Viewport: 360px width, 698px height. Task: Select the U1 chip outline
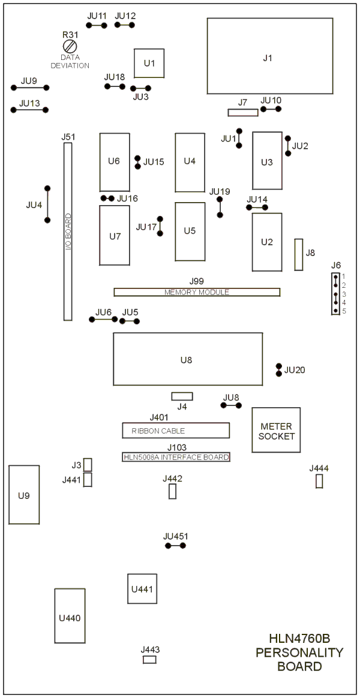pyautogui.click(x=149, y=64)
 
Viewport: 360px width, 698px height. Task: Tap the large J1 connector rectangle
pyautogui.click(x=270, y=56)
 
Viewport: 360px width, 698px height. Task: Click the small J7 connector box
pyautogui.click(x=242, y=112)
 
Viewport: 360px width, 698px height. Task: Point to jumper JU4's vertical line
pyautogui.click(x=47, y=204)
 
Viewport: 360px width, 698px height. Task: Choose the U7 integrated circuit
pyautogui.click(x=115, y=236)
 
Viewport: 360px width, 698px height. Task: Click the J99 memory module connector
pyautogui.click(x=197, y=292)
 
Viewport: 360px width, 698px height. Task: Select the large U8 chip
pyautogui.click(x=187, y=359)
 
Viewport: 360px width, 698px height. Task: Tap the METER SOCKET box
pyautogui.click(x=276, y=430)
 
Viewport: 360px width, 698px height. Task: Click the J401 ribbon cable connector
pyautogui.click(x=176, y=431)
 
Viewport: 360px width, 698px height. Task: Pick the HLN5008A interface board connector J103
pyautogui.click(x=176, y=457)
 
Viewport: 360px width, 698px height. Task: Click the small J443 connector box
pyautogui.click(x=149, y=660)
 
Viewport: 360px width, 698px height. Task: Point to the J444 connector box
pyautogui.click(x=319, y=481)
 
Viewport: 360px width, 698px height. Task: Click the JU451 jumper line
pyautogui.click(x=175, y=546)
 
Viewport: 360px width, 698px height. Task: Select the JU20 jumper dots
pyautogui.click(x=278, y=369)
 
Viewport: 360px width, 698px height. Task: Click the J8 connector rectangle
pyautogui.click(x=299, y=254)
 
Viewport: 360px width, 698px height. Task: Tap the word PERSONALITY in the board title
pyautogui.click(x=299, y=652)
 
